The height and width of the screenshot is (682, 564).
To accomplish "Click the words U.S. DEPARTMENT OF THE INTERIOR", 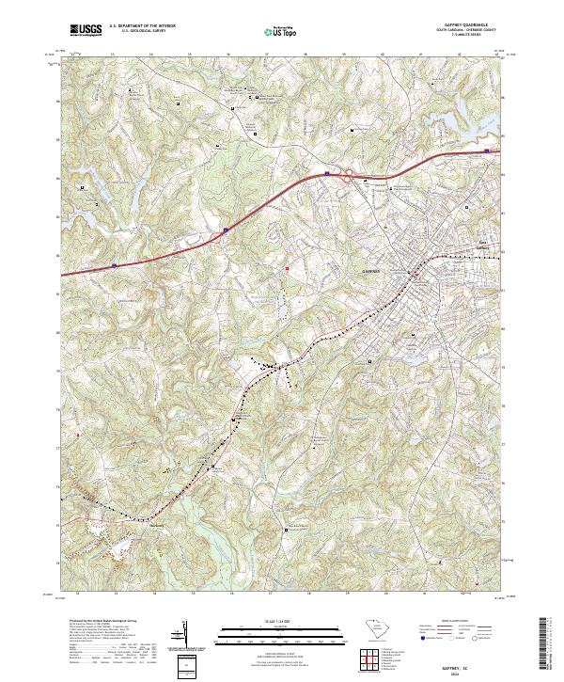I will [143, 26].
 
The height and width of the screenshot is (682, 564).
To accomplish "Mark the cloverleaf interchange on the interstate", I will [347, 172].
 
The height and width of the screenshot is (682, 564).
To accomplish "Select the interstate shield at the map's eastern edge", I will [486, 151].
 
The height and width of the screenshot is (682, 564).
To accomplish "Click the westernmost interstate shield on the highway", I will [114, 265].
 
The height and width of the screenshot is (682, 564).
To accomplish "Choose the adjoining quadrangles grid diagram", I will [370, 661].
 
